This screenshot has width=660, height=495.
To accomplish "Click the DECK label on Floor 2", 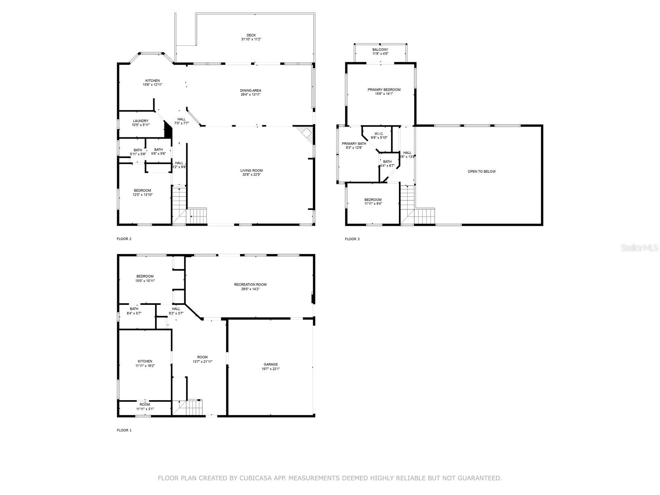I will (x=251, y=35).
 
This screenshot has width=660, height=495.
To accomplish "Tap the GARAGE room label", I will (x=271, y=365).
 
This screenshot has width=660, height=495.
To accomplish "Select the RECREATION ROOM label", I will (x=250, y=285).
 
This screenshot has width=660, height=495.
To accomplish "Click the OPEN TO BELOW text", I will (x=481, y=172).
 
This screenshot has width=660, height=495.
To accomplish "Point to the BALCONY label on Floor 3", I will (x=380, y=49).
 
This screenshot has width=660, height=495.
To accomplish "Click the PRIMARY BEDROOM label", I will (x=384, y=90).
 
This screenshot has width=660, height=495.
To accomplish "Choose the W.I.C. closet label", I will (x=379, y=134).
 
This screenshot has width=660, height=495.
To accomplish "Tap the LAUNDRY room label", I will (x=140, y=121).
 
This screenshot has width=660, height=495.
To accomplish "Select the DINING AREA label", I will (x=250, y=91).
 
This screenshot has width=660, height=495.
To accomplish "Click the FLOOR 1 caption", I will (x=124, y=430).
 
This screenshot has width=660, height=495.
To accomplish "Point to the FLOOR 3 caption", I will (x=352, y=239).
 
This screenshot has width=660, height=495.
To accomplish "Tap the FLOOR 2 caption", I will (x=124, y=239).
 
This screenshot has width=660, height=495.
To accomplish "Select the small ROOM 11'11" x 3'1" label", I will (x=145, y=405).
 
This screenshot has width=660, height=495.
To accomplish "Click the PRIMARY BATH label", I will (x=354, y=144).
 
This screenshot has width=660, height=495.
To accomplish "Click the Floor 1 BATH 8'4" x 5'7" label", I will (x=134, y=309).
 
